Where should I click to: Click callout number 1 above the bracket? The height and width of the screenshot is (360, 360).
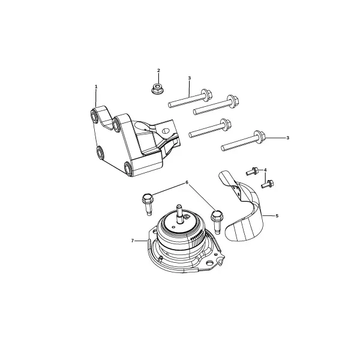tap(96, 86)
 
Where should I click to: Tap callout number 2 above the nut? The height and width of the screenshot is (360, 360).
tap(158, 70)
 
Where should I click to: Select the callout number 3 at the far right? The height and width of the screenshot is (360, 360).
tap(287, 138)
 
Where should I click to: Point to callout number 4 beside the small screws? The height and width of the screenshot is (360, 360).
tap(265, 170)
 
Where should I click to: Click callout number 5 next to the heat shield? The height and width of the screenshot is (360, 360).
tap(277, 216)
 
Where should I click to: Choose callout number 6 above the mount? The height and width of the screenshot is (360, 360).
tap(187, 182)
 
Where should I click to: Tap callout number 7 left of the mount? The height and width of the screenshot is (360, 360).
tap(132, 241)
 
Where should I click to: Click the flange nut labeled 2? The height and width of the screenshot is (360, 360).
tap(157, 89)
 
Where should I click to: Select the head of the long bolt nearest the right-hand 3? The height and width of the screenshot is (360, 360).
tap(259, 137)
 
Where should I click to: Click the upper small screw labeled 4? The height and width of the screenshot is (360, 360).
tap(251, 172)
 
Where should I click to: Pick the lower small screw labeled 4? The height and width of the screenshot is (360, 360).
tap(267, 184)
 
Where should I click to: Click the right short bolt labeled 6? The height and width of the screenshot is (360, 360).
tap(217, 221)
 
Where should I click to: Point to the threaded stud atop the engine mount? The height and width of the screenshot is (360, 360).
tap(179, 213)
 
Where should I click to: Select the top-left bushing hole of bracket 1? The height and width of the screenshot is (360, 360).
tap(94, 116)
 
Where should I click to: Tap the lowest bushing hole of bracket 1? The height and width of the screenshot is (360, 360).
tap(128, 169)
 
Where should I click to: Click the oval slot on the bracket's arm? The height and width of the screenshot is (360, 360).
tap(165, 131)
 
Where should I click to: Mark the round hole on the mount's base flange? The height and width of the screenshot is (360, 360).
tap(209, 262)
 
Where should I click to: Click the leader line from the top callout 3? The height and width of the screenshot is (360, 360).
tap(190, 88)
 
